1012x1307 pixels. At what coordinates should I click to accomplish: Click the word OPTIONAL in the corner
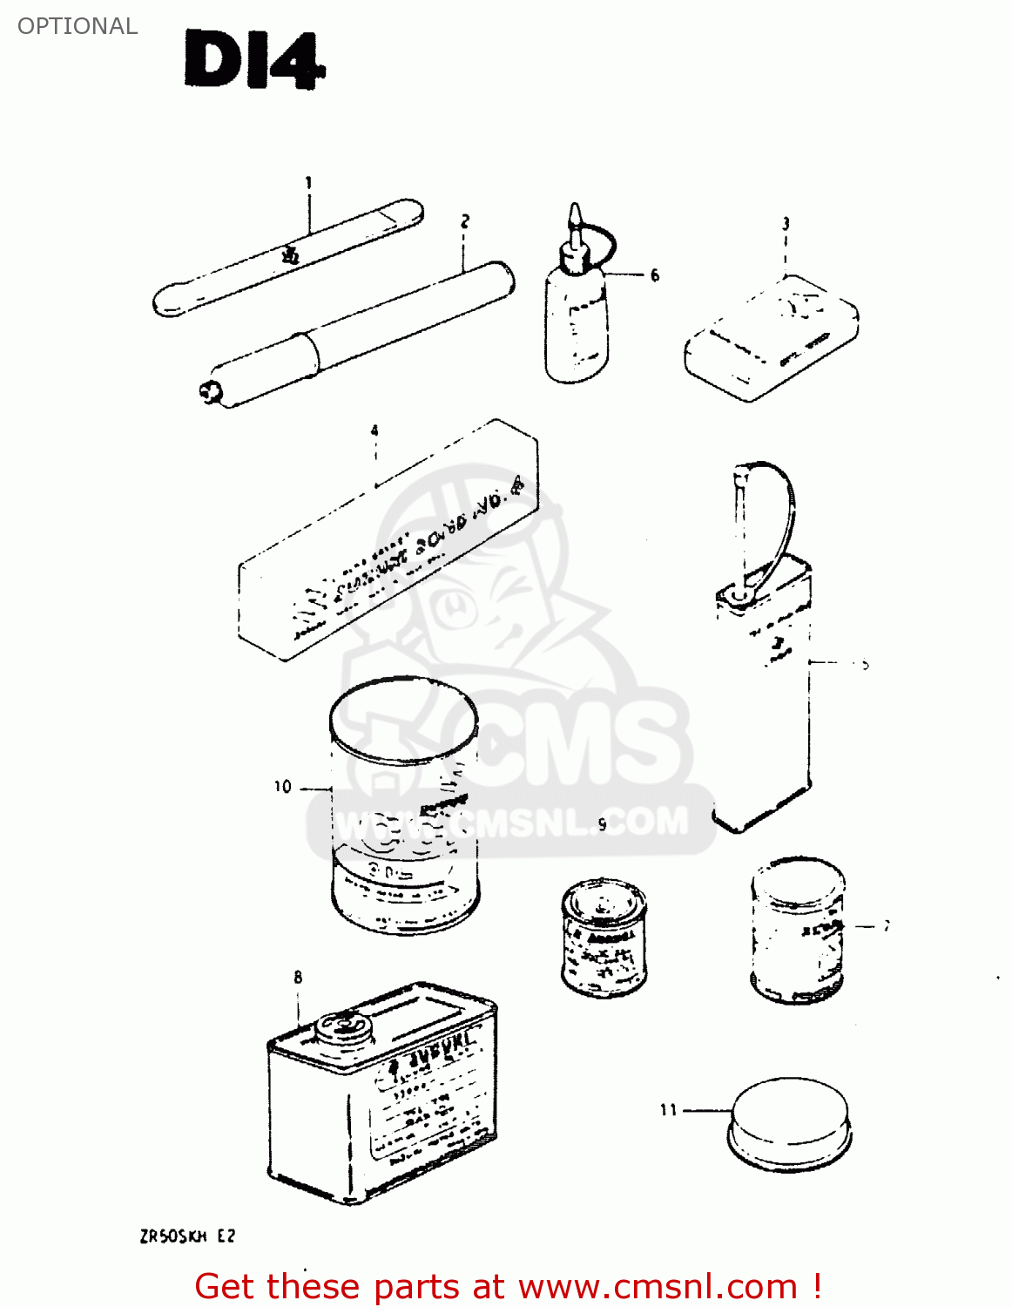coord(78,26)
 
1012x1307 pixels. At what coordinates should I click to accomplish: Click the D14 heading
coord(254,61)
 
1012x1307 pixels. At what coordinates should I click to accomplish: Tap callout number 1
coord(308,183)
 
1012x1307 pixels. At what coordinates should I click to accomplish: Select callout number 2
coord(465,221)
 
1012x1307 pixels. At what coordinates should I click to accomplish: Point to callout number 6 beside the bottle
coord(655,275)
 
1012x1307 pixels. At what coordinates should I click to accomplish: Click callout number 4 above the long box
coord(374,430)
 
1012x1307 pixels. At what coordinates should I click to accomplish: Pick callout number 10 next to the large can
coord(283,787)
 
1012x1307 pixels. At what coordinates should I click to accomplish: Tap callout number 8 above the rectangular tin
coord(298,978)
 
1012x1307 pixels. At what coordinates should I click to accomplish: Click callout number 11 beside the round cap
coord(668,1109)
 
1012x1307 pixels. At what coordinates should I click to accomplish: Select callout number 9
coord(602,824)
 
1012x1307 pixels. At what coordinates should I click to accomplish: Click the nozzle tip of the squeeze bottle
coord(574,213)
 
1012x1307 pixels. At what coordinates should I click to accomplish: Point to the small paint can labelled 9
coord(604,937)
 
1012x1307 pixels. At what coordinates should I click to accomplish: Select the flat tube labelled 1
coord(287,258)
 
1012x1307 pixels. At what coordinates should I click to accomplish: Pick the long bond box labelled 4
coord(388,540)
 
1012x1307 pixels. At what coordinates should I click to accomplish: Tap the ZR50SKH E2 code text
coord(187,1236)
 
